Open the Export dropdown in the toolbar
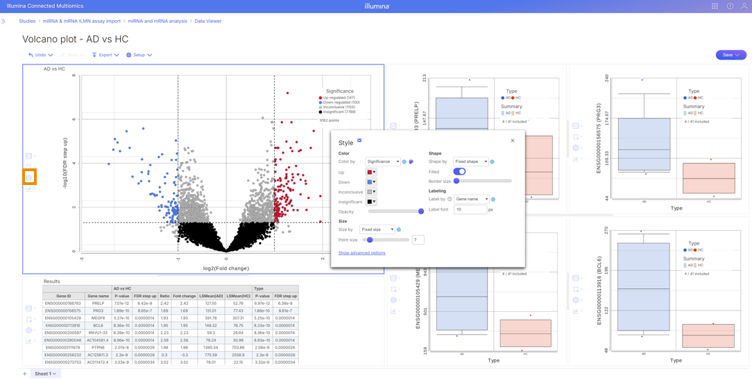pyautogui.click(x=105, y=55)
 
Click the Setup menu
pyautogui.click(x=139, y=55)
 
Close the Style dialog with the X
pyautogui.click(x=513, y=141)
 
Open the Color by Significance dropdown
pyautogui.click(x=383, y=161)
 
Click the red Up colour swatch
pyautogui.click(x=370, y=172)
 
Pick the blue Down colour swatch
pyautogui.click(x=370, y=182)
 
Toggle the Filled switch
pyautogui.click(x=459, y=171)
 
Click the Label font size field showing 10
pyautogui.click(x=470, y=209)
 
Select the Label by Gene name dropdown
pyautogui.click(x=471, y=199)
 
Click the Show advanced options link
pyautogui.click(x=361, y=253)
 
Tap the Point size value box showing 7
pyautogui.click(x=418, y=240)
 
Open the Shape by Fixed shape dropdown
pyautogui.click(x=470, y=161)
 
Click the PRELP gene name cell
pyautogui.click(x=98, y=303)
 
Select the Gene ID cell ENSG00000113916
pyautogui.click(x=63, y=326)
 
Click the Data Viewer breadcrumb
pyautogui.click(x=208, y=21)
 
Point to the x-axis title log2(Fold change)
pyautogui.click(x=225, y=268)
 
